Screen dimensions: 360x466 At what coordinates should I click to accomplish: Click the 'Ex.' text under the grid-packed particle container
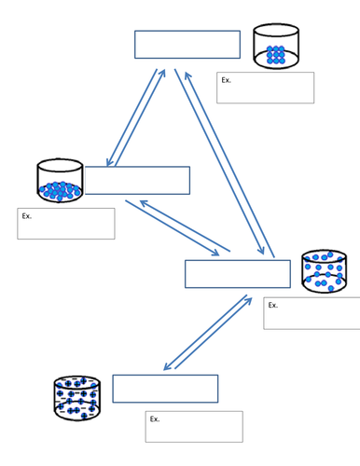point(226,80)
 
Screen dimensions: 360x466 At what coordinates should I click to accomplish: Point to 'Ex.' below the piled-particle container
point(27,216)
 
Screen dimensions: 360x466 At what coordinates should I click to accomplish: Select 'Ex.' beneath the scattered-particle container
point(273,305)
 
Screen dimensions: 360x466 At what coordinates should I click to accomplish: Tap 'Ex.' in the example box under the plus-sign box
point(155,418)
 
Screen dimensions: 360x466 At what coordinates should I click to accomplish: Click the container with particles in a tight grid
point(276,46)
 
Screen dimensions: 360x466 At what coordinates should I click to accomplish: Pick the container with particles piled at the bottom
point(60,181)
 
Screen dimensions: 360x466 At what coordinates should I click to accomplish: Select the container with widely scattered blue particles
point(325,271)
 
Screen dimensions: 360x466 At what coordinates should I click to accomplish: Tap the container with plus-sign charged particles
point(77,398)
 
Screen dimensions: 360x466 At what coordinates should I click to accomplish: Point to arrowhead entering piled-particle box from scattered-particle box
point(144,202)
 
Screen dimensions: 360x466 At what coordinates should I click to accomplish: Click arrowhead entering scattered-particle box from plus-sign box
point(249,300)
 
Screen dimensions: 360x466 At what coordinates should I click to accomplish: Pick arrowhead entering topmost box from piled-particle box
point(163,72)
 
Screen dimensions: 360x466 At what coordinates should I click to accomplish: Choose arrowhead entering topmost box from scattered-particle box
point(187,75)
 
